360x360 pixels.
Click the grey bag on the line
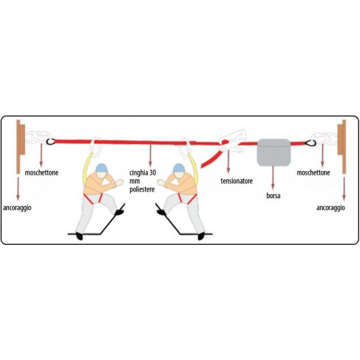click(274, 152)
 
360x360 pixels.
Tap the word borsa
click(273, 196)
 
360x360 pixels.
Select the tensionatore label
click(236, 181)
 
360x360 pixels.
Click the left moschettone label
click(41, 173)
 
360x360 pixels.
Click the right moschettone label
click(313, 173)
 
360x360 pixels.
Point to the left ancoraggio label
click(17, 208)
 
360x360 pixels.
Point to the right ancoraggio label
click(331, 208)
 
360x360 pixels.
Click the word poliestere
click(142, 190)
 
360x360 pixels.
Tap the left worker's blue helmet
click(102, 168)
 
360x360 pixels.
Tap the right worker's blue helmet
click(179, 168)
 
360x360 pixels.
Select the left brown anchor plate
click(20, 146)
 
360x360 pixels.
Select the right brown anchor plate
click(341, 146)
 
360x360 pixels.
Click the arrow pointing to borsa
click(273, 177)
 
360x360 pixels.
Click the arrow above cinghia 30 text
click(150, 155)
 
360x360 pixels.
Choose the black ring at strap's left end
click(50, 142)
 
